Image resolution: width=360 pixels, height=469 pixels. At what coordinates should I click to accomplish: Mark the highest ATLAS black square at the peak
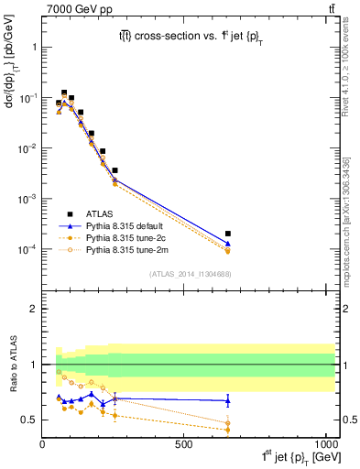(x=64, y=93)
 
